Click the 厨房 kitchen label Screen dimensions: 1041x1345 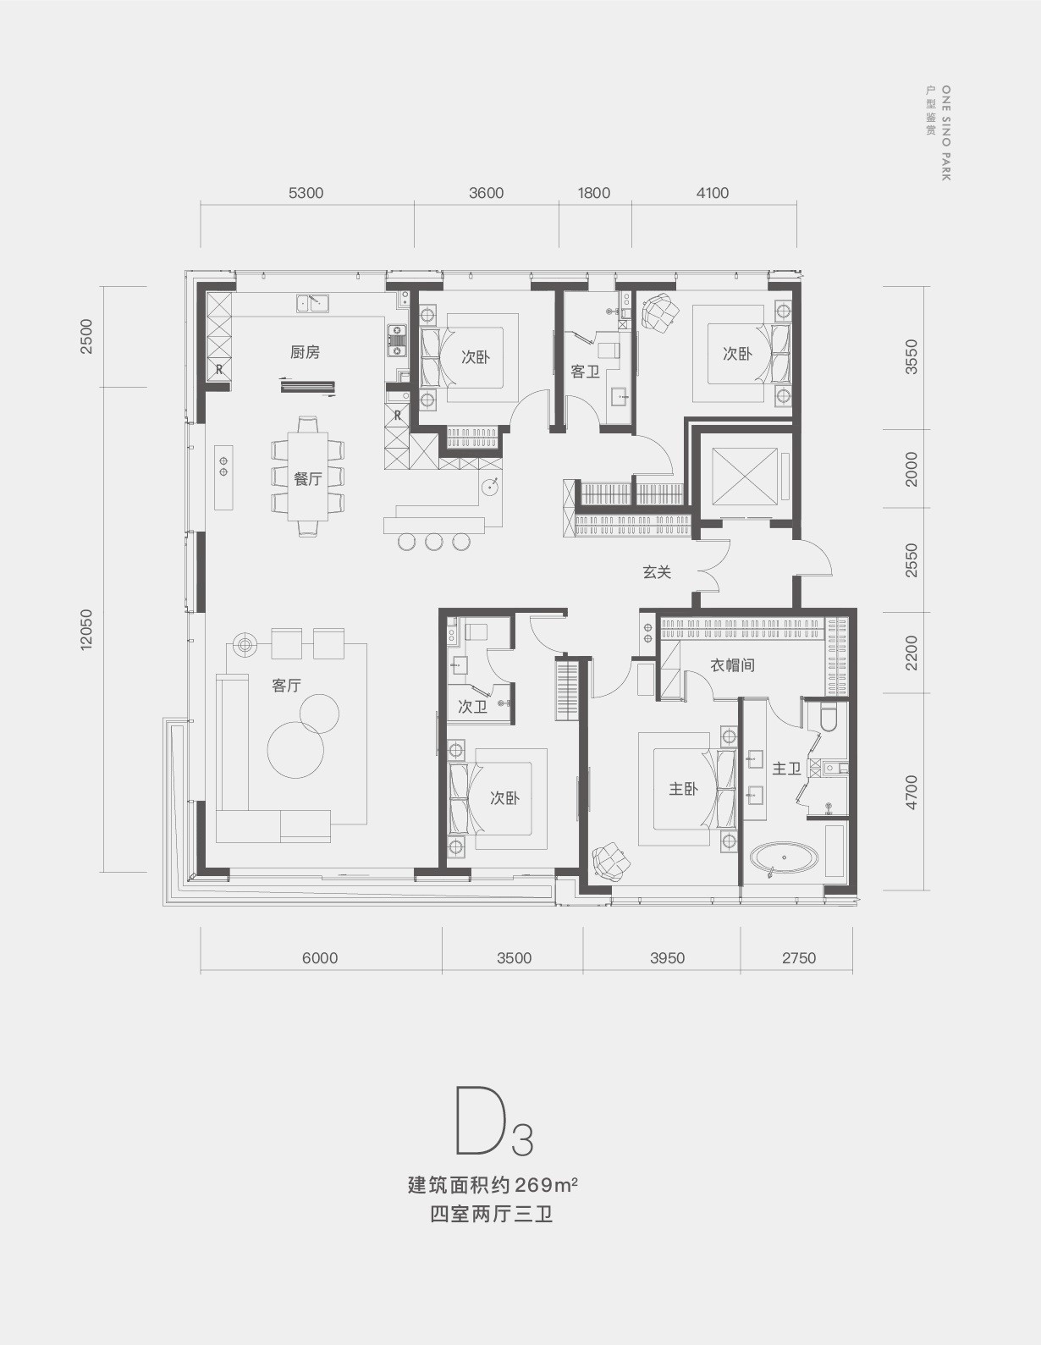pyautogui.click(x=306, y=352)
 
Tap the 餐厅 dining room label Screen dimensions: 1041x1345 pyautogui.click(x=307, y=478)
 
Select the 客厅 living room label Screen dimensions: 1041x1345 pyautogui.click(x=287, y=685)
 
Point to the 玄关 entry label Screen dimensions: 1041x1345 pyautogui.click(x=657, y=572)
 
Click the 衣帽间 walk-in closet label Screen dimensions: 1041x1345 pyautogui.click(x=732, y=665)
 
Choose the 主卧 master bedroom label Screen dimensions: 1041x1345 pyautogui.click(x=683, y=788)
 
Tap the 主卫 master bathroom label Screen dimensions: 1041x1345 pyautogui.click(x=786, y=768)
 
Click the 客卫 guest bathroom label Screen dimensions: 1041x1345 pyautogui.click(x=585, y=372)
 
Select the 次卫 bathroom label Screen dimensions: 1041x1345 pyautogui.click(x=472, y=706)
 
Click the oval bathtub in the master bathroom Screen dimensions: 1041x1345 pyautogui.click(x=785, y=858)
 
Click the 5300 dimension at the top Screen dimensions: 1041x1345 pyautogui.click(x=306, y=193)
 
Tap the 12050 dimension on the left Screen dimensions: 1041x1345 pyautogui.click(x=85, y=630)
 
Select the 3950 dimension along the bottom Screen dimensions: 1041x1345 pyautogui.click(x=667, y=958)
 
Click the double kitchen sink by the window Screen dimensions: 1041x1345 pyautogui.click(x=312, y=303)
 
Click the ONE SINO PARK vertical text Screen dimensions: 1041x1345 pyautogui.click(x=945, y=133)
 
